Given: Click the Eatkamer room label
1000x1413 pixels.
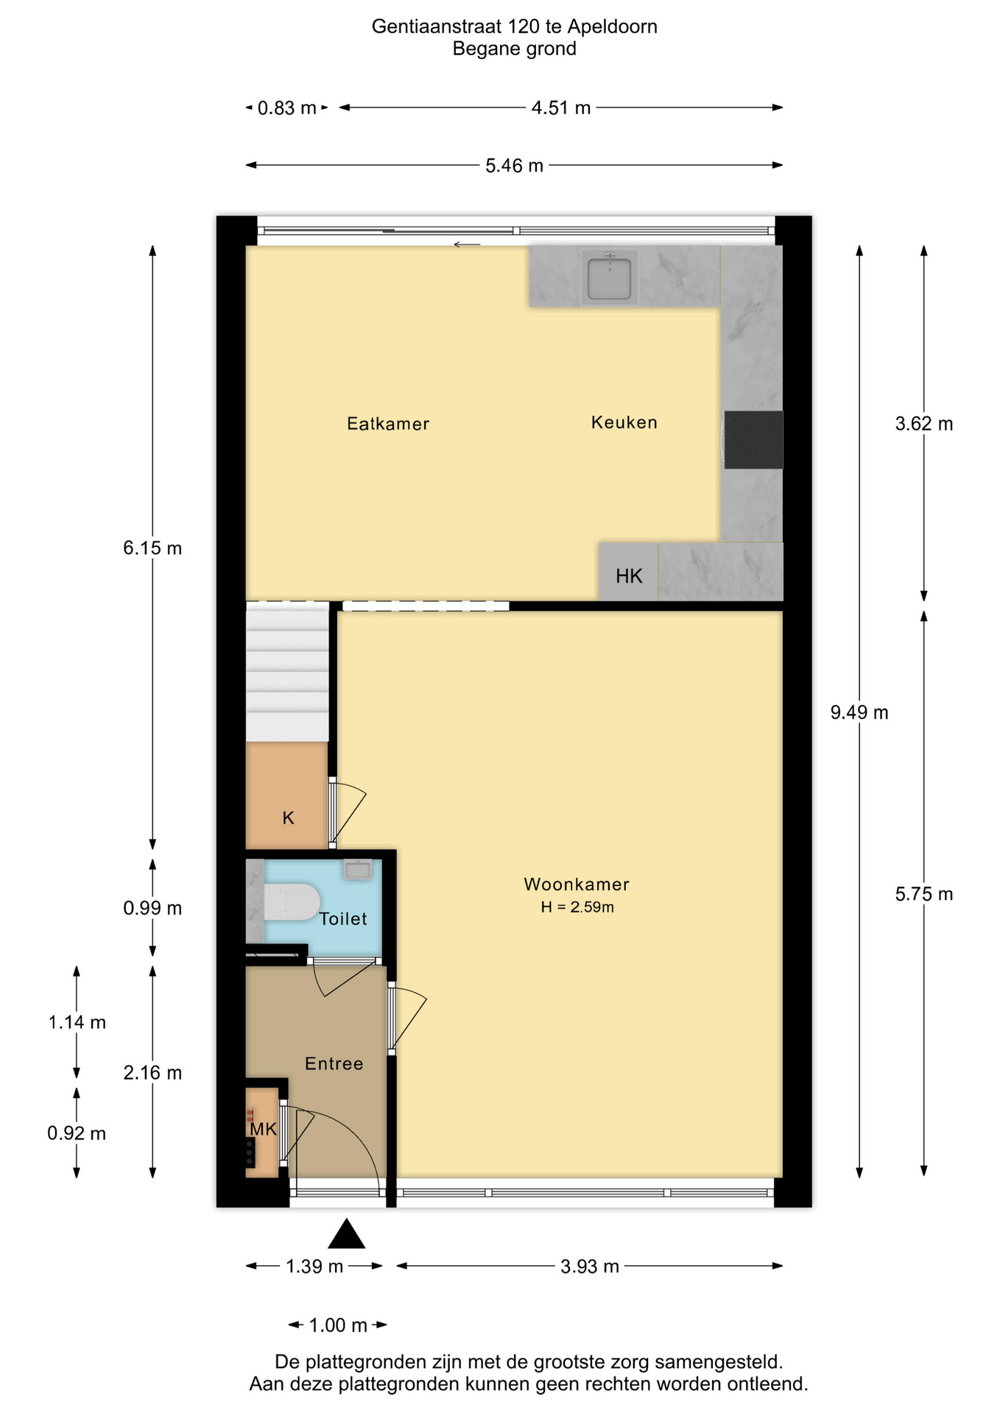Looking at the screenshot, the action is pos(388,424).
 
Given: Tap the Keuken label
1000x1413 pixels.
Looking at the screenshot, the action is pos(624,422).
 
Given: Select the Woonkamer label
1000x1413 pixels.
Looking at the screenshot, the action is pos(577,884).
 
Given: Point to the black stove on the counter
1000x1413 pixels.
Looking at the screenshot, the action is pos(753,439).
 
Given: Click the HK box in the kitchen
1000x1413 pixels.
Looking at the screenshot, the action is pos(628,573).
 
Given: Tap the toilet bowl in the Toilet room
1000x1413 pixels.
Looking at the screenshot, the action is pos(292,902).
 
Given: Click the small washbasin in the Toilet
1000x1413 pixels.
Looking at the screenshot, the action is pos(359,869).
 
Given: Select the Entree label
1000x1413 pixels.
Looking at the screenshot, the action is pos(334,1063).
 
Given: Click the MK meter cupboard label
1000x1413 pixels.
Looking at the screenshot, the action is pos(263,1129).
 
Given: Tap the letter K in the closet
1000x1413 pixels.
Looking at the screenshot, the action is pos(289,818).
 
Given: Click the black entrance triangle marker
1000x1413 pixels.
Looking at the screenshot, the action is pos(347,1234).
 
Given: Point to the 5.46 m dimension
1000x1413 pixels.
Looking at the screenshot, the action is pos(514,166).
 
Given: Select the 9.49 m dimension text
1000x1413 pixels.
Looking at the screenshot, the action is pos(859,712).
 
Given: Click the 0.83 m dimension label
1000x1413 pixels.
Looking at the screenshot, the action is pos(286,108).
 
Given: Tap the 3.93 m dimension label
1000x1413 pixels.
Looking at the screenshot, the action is pos(590,1267).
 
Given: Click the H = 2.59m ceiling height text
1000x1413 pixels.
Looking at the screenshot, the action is pos(577,907).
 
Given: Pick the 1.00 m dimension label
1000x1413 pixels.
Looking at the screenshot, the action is pos(338,1325).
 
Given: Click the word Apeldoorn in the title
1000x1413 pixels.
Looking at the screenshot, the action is pos(613,27).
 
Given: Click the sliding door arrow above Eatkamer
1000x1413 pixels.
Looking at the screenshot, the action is pos(467,244).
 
